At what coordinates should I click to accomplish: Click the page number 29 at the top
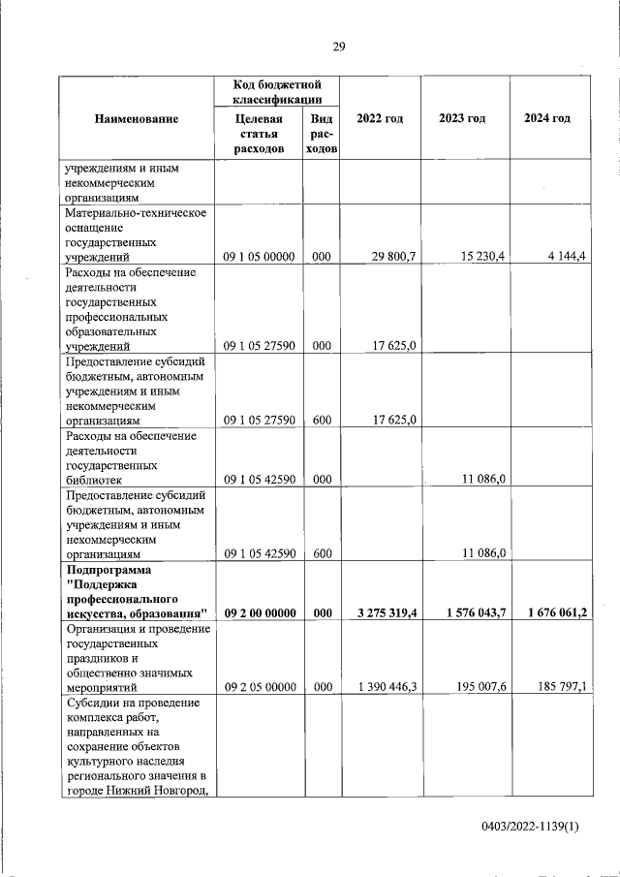[x=339, y=47]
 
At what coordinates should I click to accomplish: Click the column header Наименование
[x=137, y=118]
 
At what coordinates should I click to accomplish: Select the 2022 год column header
[x=380, y=118]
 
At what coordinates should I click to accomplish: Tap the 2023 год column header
[x=462, y=118]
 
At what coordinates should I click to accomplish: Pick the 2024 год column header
[x=546, y=118]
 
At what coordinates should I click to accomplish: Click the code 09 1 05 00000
[x=259, y=256]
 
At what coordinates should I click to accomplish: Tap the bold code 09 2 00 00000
[x=260, y=612]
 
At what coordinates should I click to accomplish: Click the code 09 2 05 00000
[x=259, y=686]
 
